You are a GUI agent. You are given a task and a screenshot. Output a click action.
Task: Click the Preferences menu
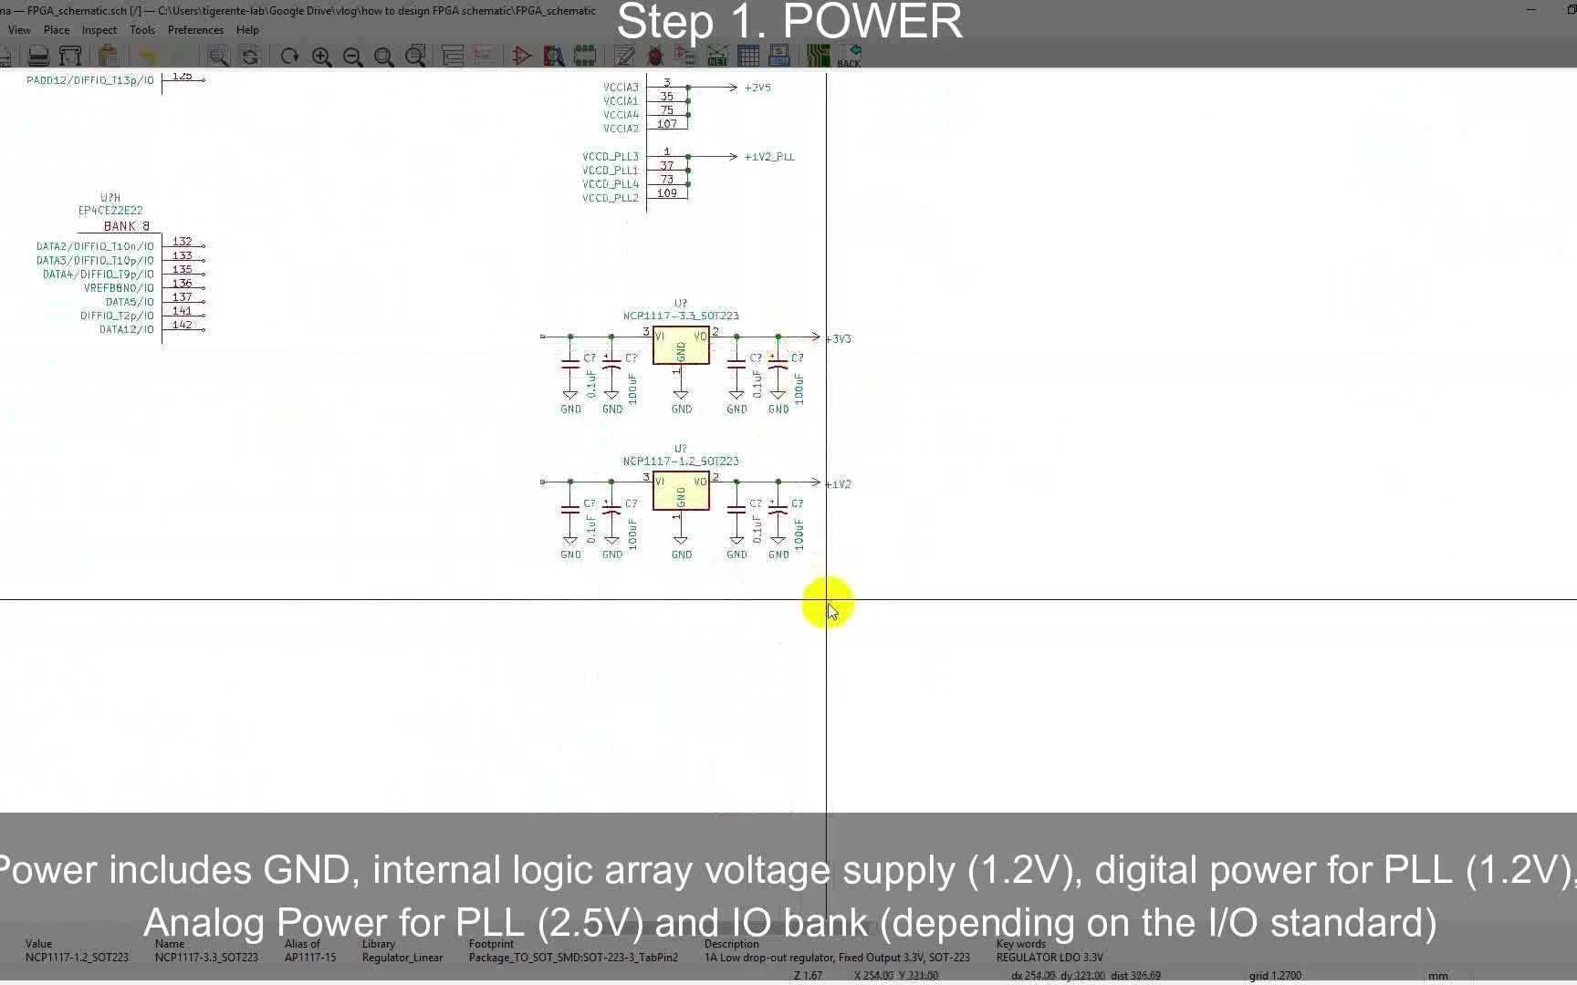click(195, 30)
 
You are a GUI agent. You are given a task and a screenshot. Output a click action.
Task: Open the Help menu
click(247, 30)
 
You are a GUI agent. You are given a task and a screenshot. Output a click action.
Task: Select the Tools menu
click(141, 30)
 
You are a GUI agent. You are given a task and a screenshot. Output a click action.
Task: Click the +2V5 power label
click(757, 88)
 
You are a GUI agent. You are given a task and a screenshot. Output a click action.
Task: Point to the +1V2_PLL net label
click(768, 157)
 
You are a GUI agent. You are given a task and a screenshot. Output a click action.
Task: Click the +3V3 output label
click(839, 339)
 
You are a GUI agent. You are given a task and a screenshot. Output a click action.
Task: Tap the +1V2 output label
click(839, 484)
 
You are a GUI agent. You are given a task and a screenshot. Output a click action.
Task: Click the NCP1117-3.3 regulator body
click(681, 346)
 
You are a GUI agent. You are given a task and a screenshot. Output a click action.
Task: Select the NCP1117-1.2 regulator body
click(681, 492)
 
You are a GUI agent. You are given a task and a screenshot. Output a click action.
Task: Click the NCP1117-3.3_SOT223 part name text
click(681, 316)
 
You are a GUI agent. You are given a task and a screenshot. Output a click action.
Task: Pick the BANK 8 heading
click(127, 226)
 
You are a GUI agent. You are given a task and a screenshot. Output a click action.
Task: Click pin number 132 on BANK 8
click(183, 242)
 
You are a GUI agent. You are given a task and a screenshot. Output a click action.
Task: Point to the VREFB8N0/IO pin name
click(119, 288)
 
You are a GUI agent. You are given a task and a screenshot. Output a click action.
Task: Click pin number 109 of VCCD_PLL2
click(667, 193)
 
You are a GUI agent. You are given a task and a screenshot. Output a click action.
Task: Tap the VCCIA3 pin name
click(621, 88)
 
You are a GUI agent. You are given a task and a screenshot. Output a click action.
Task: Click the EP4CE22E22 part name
click(110, 211)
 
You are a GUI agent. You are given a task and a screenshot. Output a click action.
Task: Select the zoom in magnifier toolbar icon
click(321, 57)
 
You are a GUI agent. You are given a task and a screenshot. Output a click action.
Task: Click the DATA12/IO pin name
click(126, 329)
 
